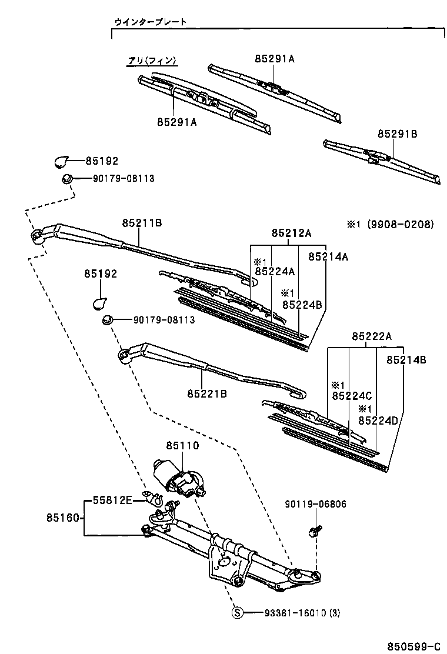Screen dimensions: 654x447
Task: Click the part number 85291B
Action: [397, 134]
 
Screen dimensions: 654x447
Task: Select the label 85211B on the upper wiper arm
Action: [142, 223]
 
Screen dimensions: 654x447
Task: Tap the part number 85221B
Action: [207, 393]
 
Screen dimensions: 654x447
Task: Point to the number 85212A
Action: [291, 233]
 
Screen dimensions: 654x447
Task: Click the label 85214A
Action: [328, 256]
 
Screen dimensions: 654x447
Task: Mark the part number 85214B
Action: [406, 359]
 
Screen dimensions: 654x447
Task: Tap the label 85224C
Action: [352, 396]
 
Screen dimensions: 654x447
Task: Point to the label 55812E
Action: [112, 500]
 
